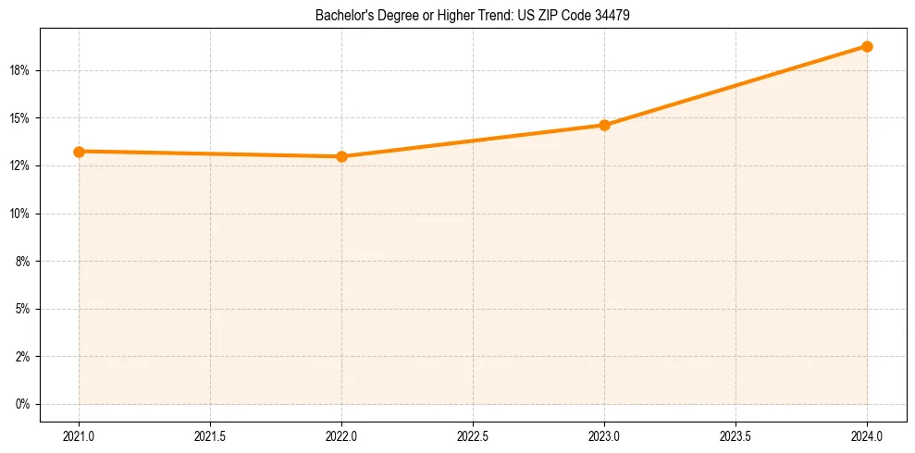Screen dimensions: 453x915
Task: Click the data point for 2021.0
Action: [x=80, y=152]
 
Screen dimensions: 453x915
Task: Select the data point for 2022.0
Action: [x=342, y=156]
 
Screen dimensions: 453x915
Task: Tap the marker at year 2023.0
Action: [x=604, y=125]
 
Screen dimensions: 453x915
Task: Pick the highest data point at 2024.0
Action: [x=867, y=46]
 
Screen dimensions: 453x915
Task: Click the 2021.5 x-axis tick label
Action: [x=211, y=434]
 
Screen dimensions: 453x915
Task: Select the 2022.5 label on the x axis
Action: [x=473, y=434]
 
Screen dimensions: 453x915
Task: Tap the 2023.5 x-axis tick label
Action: [x=736, y=434]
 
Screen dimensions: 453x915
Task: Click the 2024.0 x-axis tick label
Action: [x=867, y=434]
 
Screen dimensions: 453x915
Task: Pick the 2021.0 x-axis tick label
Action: [x=80, y=434]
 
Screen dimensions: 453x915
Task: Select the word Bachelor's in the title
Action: [x=340, y=16]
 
